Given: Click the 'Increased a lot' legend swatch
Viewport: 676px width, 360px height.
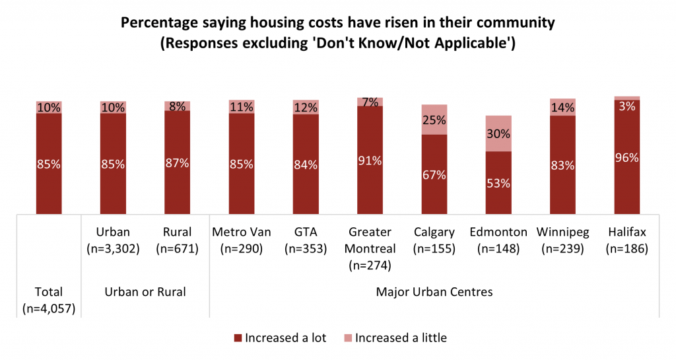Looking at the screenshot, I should click(x=238, y=338).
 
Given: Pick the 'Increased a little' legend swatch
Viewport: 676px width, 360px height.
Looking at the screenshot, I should click(x=348, y=338).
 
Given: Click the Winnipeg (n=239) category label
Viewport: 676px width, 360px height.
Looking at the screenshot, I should click(x=563, y=240).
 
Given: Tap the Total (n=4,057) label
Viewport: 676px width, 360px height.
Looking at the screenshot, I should click(x=49, y=299).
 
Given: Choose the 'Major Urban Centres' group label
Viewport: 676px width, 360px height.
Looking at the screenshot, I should click(x=434, y=292).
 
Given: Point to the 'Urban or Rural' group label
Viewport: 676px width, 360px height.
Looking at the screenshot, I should click(x=145, y=292).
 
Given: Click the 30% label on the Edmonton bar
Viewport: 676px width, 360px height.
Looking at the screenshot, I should click(x=498, y=133).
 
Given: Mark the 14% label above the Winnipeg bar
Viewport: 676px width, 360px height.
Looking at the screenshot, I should click(x=563, y=107).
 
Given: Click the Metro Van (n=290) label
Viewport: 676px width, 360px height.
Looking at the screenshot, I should click(x=242, y=240).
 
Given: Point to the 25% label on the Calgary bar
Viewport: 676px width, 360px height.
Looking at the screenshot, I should click(x=434, y=120).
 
